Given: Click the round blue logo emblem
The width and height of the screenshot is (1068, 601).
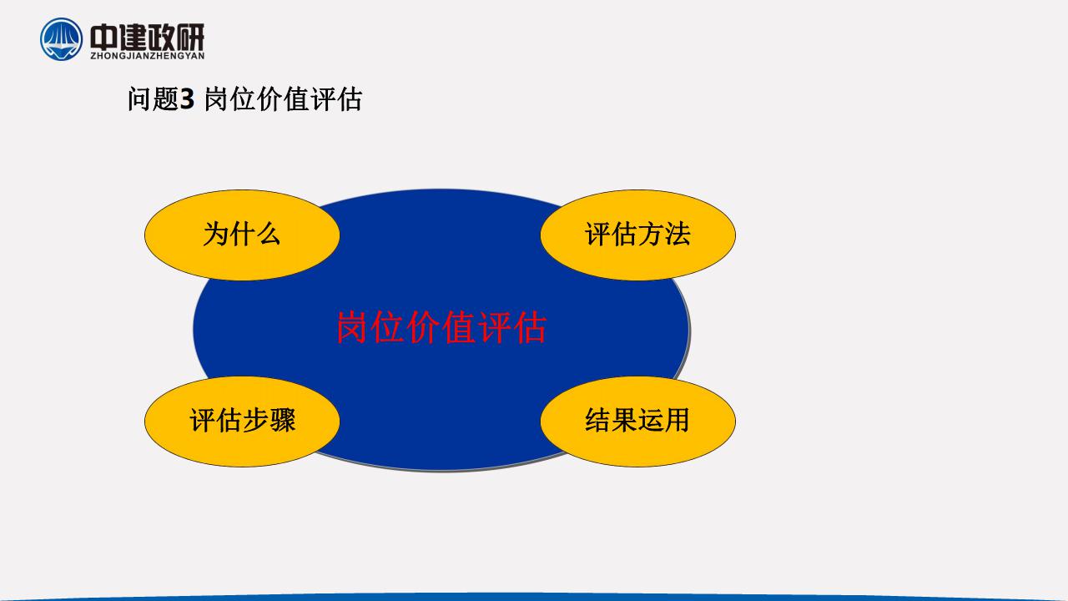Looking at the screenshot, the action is [61, 39].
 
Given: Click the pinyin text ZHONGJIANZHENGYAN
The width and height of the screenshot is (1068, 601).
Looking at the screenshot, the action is [148, 56].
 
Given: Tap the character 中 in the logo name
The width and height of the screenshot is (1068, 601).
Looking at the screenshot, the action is [103, 37].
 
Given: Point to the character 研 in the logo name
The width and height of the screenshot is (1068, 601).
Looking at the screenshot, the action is [189, 37].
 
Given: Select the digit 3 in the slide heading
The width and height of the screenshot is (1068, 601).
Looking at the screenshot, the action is [187, 99].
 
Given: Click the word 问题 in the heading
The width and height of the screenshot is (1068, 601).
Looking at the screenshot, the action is [153, 99].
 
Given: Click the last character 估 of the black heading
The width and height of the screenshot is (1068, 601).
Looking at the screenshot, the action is [349, 99].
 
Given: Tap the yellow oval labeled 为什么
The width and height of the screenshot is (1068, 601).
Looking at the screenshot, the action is [242, 235].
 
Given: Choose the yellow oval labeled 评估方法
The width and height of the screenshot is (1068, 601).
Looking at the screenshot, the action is [638, 235].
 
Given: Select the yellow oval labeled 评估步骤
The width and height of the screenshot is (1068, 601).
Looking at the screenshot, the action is [242, 422].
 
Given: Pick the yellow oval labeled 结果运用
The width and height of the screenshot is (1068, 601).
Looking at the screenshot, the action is [638, 422].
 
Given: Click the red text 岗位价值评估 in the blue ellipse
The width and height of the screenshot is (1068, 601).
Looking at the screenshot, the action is [441, 327].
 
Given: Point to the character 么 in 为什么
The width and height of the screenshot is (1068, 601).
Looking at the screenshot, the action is [269, 235].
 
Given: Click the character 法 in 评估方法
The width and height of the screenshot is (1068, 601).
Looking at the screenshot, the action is [678, 235].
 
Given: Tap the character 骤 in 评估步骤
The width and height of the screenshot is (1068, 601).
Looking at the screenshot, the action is [283, 420].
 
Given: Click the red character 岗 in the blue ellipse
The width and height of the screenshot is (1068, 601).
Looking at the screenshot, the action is [352, 327].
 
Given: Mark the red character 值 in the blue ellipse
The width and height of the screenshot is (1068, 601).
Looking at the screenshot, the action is [459, 327].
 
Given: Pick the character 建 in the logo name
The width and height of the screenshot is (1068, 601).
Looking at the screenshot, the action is [132, 37].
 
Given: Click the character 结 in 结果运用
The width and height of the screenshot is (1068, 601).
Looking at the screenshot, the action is [598, 420].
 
